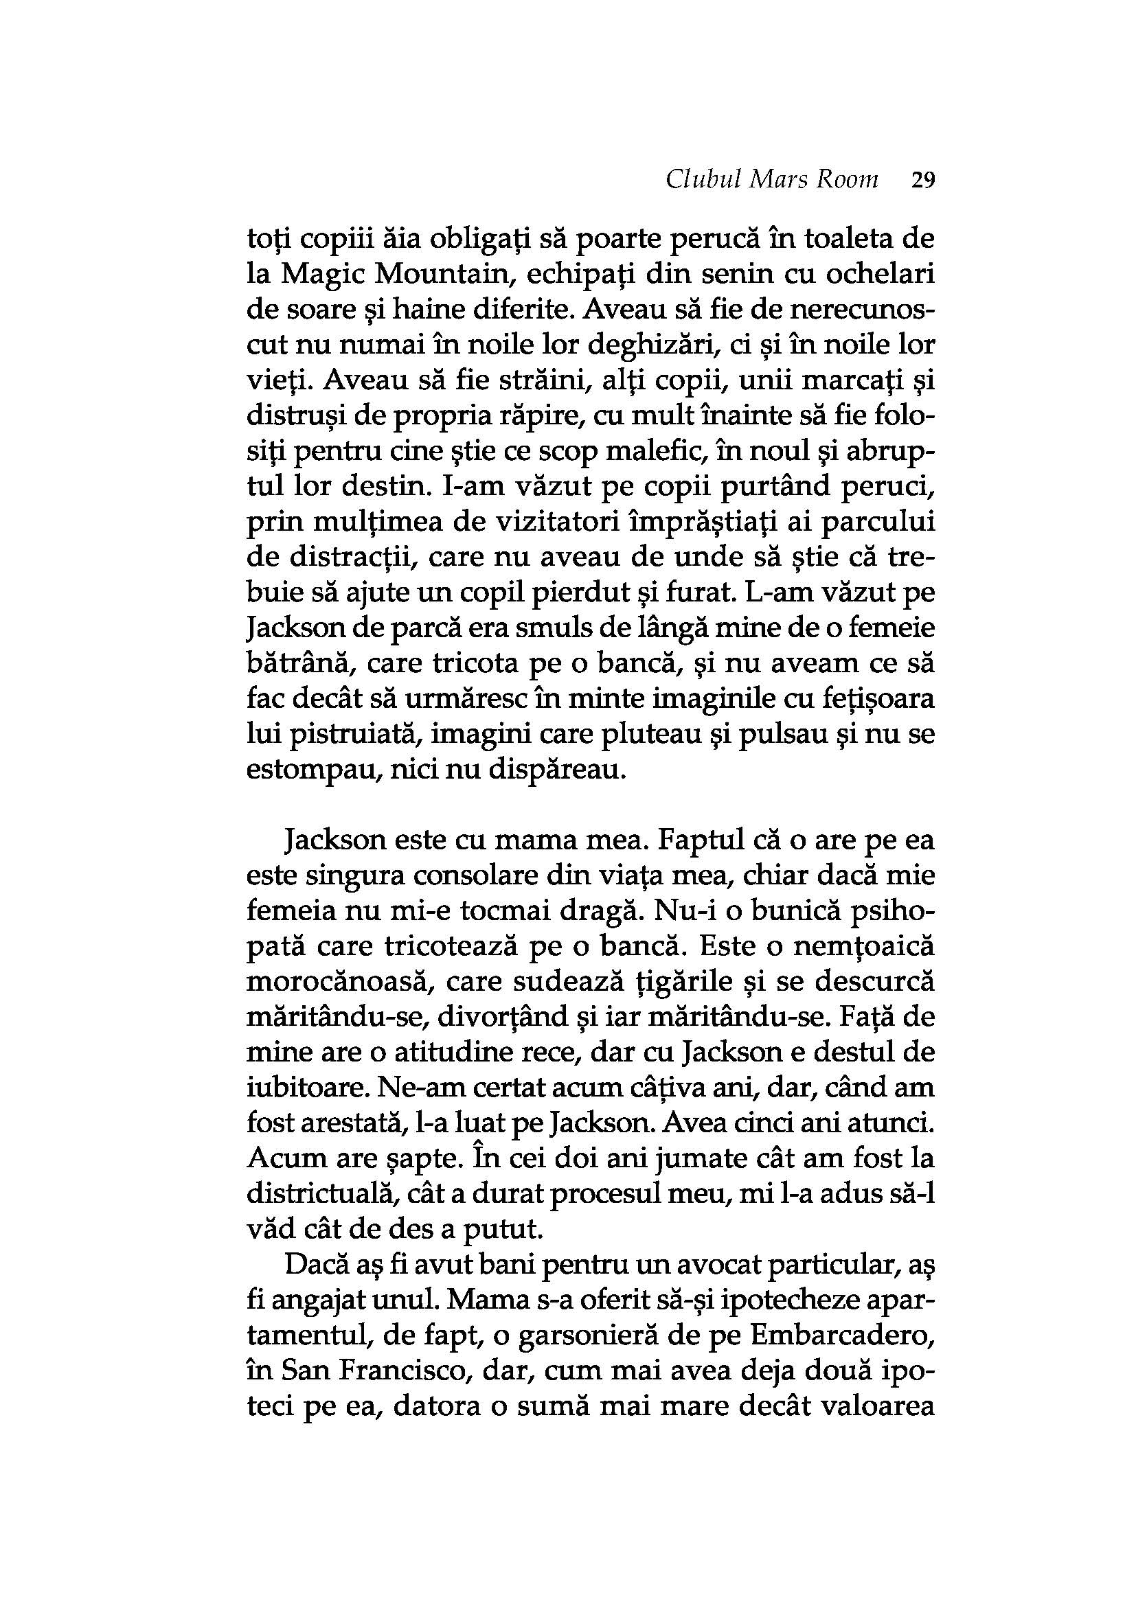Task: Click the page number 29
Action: click(922, 181)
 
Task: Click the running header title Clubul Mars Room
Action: click(771, 181)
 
